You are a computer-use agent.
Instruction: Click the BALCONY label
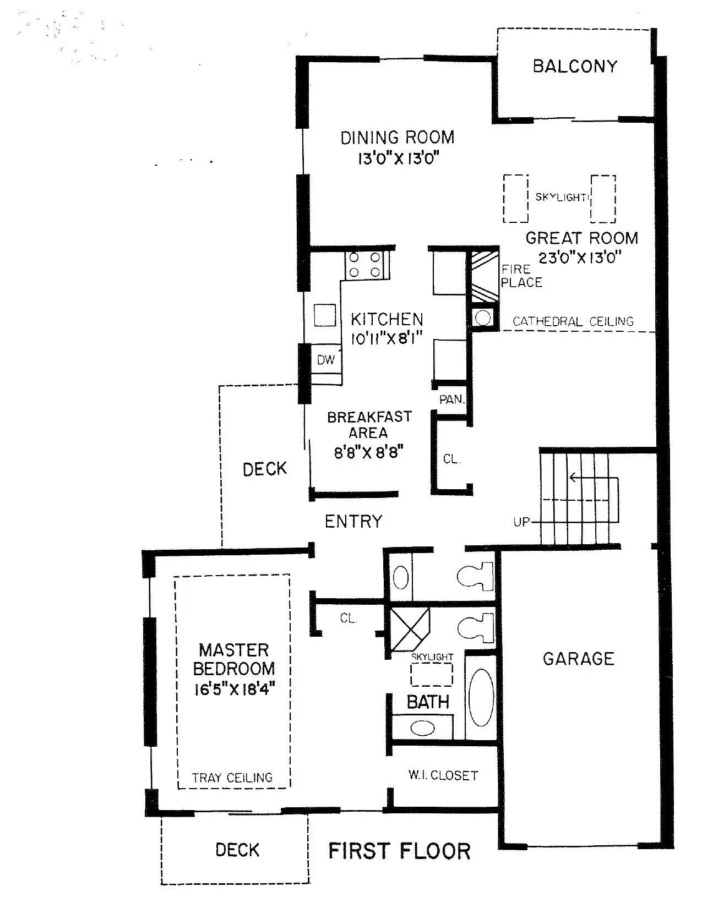click(575, 67)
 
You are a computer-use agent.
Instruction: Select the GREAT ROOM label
click(581, 238)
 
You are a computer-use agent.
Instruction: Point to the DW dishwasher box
click(326, 360)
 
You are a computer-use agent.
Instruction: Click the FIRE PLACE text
click(521, 276)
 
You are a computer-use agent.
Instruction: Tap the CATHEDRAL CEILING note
click(573, 321)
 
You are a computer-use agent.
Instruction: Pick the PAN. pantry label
click(452, 400)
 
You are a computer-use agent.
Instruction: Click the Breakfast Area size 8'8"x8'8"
click(369, 453)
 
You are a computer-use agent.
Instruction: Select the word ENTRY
click(353, 521)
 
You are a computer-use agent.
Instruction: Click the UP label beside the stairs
click(521, 522)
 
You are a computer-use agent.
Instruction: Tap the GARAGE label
click(578, 659)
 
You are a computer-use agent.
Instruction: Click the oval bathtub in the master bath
click(481, 697)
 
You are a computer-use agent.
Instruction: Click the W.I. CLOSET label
click(443, 775)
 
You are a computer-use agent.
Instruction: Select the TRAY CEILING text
click(232, 778)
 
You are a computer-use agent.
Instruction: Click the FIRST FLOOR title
click(400, 851)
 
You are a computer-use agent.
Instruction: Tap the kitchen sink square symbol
click(325, 316)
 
